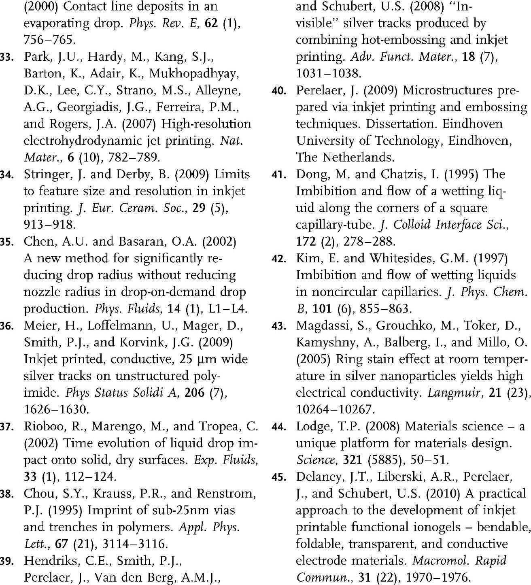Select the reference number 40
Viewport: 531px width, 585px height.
point(279,91)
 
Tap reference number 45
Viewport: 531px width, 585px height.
point(279,478)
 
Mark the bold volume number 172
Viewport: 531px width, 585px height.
point(306,242)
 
